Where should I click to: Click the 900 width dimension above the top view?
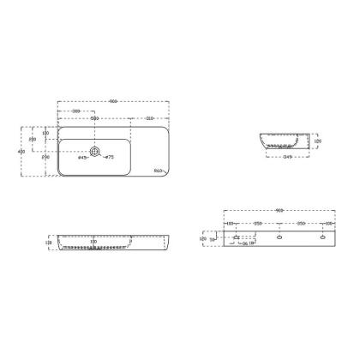point(113,103)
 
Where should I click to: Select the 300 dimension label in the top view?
point(77,111)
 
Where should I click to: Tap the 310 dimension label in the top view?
point(149,119)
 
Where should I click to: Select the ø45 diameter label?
point(82,158)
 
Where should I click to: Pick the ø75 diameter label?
point(110,158)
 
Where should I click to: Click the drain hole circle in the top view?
point(95,152)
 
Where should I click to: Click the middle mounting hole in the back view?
point(278,235)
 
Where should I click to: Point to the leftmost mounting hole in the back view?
point(236,235)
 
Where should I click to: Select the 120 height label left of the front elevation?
point(49,243)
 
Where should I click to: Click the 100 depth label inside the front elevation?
point(92,242)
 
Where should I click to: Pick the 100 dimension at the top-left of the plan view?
point(45,134)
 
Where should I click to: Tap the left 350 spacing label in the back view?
point(257,225)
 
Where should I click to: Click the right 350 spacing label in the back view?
point(299,225)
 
